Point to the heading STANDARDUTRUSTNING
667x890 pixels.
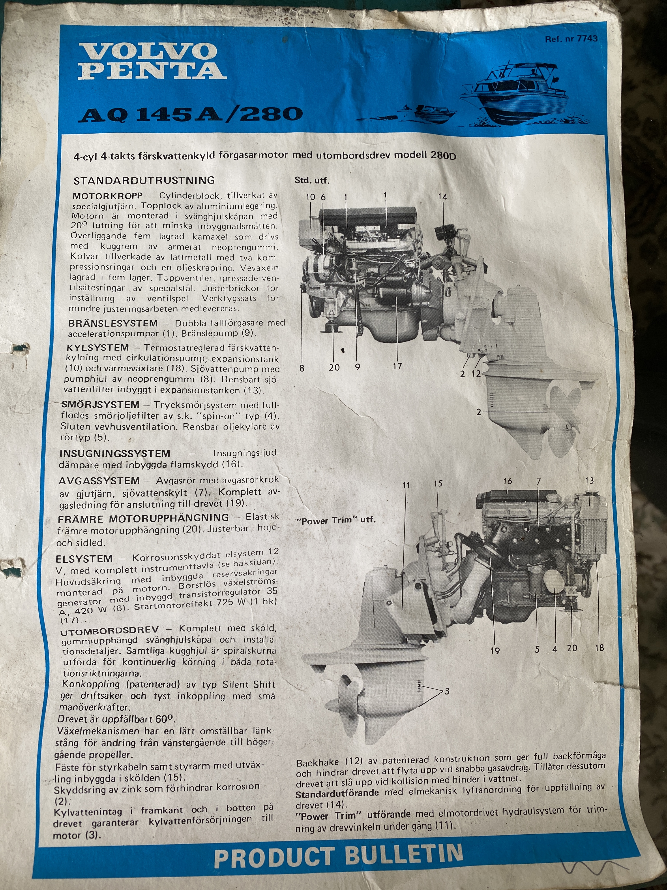point(144,180)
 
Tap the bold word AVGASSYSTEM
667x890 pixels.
point(99,480)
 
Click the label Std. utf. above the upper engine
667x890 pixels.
point(312,180)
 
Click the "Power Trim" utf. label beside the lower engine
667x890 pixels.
point(336,520)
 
